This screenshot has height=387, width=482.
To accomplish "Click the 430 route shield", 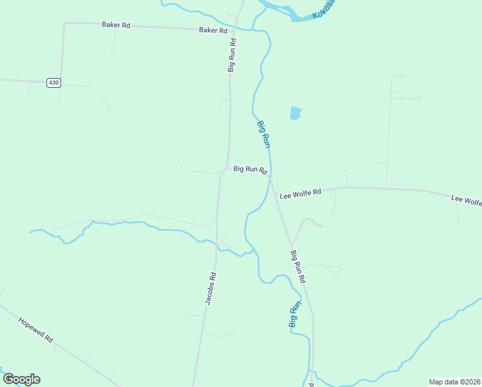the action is [x=53, y=83].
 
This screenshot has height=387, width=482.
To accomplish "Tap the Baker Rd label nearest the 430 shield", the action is [x=116, y=25].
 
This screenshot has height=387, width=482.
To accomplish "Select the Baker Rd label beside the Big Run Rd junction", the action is [x=213, y=30].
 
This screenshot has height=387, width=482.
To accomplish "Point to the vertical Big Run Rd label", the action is [x=232, y=54].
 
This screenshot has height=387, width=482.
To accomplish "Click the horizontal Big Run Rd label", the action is [x=250, y=170].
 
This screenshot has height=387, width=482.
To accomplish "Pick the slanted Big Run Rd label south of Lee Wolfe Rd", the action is [x=298, y=267].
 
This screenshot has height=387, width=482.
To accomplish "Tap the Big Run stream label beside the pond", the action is [x=263, y=134].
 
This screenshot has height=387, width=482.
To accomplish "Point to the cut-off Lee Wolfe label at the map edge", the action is [x=466, y=201].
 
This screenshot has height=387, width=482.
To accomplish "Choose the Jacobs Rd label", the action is [x=210, y=288].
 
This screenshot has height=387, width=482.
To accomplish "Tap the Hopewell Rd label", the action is [x=35, y=329].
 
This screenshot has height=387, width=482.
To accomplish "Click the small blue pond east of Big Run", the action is [x=295, y=114].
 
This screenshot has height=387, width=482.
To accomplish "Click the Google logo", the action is [x=21, y=379].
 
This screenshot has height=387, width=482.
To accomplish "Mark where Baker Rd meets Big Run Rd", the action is [x=235, y=30].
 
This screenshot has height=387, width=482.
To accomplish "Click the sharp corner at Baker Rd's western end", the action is [x=64, y=23].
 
